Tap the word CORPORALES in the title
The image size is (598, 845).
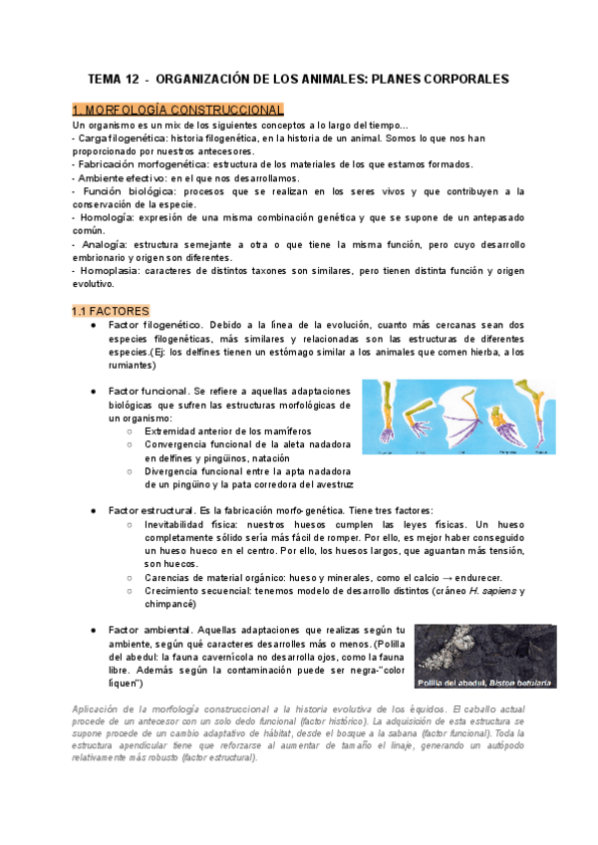(457, 79)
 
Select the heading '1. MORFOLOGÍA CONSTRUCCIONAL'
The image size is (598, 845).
(178, 109)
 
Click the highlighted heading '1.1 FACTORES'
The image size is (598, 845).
(111, 312)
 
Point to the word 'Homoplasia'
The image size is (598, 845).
(112, 271)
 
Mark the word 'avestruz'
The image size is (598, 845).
(331, 484)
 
